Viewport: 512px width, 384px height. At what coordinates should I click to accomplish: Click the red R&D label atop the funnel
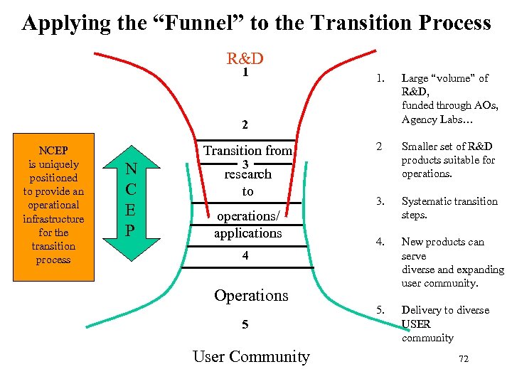point(245,58)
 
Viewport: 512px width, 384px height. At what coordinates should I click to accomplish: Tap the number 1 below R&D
point(245,72)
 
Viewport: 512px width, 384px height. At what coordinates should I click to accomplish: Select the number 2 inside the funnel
point(245,125)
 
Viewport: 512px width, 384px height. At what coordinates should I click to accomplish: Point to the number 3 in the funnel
point(245,164)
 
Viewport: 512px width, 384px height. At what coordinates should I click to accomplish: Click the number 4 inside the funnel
point(245,255)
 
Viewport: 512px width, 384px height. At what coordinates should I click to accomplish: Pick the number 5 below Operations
point(245,324)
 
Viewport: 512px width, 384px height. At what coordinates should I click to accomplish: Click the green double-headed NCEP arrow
point(131,201)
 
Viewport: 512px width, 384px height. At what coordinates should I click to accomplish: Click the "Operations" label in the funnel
point(251,296)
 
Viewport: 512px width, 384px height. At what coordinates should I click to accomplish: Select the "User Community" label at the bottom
point(251,356)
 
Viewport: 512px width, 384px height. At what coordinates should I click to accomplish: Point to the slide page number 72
point(464,359)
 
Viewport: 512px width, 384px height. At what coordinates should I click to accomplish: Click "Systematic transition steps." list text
point(449,208)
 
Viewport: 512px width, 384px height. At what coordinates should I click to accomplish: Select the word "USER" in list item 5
point(416,324)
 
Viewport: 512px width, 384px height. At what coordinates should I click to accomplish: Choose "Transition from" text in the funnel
point(247,150)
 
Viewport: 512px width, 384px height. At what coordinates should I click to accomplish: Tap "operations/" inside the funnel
point(247,215)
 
